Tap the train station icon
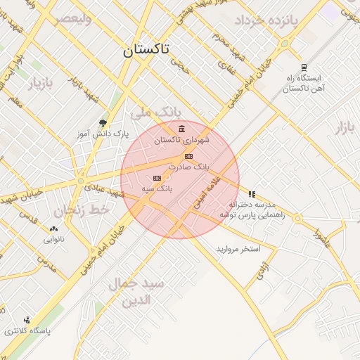[x=303, y=68]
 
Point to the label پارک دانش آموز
[x=103, y=132]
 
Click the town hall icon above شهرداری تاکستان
[x=182, y=129]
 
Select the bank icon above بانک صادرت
[x=188, y=156]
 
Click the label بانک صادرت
[x=189, y=167]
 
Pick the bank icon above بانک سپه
[x=156, y=179]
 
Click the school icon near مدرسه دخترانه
[x=252, y=194]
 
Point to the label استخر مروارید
[x=238, y=250]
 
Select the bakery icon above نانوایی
[x=54, y=229]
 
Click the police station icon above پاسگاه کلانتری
[x=27, y=320]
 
